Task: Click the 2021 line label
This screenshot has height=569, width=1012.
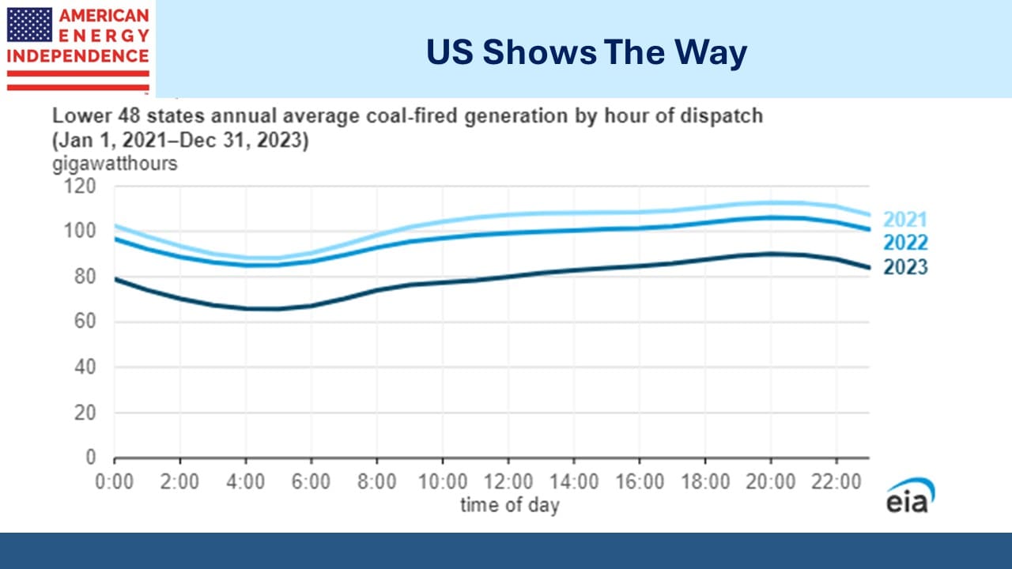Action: coord(905,220)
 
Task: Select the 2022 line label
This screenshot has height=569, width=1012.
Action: coord(905,243)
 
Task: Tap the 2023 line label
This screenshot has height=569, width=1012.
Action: coord(905,267)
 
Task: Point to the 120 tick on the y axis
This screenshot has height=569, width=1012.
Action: coord(80,186)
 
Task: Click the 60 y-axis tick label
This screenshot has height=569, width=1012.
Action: coord(85,322)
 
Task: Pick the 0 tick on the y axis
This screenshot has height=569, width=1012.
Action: coord(91,458)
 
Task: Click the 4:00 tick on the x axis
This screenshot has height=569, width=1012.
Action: coord(245,482)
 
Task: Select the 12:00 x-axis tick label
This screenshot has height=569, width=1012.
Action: coord(508,482)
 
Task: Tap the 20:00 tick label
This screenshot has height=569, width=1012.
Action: coord(771,482)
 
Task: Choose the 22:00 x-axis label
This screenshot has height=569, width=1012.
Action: coord(836,482)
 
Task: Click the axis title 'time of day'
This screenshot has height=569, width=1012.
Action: coord(510,505)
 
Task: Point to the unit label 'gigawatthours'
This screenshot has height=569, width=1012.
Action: coord(115,164)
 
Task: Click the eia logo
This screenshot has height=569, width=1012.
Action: coord(910,496)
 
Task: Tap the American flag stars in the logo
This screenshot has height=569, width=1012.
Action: coord(29,24)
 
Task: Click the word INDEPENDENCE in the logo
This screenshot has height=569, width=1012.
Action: coord(77,56)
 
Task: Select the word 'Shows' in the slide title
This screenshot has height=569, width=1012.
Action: coord(539,52)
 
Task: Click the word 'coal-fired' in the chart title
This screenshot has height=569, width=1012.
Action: coord(412,116)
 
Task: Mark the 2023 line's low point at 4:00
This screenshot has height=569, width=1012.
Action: coord(246,309)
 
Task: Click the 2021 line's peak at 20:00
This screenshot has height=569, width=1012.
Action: coord(771,203)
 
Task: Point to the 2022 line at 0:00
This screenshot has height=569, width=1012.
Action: coord(115,239)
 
